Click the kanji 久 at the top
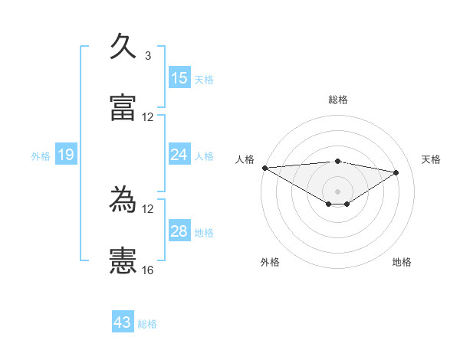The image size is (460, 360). click(123, 47)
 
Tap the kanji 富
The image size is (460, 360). click(123, 108)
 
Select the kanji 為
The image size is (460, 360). click(123, 200)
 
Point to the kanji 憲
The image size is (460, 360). click(123, 261)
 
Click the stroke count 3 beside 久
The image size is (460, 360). click(147, 56)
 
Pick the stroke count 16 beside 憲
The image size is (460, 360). click(148, 270)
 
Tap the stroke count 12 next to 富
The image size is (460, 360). click(148, 117)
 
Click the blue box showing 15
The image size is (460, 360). click(179, 78)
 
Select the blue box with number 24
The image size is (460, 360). click(179, 155)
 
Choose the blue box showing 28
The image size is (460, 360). click(179, 231)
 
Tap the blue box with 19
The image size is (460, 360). click(66, 155)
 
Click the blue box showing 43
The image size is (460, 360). click(123, 323)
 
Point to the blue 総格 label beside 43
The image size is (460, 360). click(147, 324)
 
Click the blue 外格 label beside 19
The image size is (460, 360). click(41, 156)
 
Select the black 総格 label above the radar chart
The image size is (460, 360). click(338, 100)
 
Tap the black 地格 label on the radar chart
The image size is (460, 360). click(402, 262)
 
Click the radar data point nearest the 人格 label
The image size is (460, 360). click(264, 168)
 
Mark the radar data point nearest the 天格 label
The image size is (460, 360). click(396, 172)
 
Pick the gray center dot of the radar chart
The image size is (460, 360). click(337, 191)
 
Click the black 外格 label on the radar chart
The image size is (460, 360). click(270, 262)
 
